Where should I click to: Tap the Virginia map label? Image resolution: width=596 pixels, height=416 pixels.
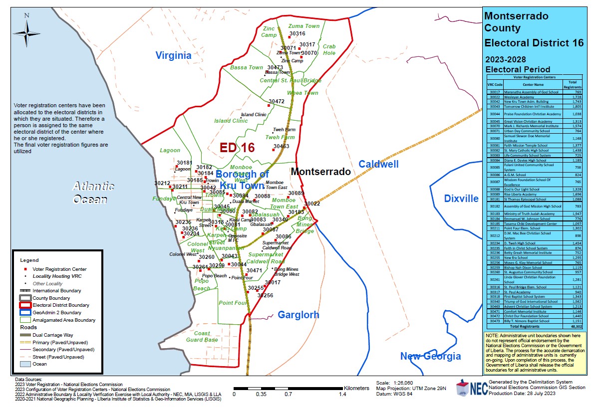tap(173, 55)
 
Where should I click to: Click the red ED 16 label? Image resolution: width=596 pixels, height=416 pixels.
tap(238, 148)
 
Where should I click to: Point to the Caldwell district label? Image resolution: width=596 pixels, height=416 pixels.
tap(378, 164)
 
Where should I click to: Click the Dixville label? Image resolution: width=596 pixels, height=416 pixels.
tap(461, 199)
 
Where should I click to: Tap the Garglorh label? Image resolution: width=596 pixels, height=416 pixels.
tap(298, 315)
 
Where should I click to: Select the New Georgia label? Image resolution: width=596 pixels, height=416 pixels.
tap(430, 356)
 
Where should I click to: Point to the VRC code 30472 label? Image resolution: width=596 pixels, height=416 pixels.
tap(276, 101)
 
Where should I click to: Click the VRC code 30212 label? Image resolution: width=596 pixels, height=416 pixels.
tap(162, 183)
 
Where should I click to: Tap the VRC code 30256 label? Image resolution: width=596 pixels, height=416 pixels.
tap(265, 295)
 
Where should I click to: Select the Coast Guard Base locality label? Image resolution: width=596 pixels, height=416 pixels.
tap(206, 337)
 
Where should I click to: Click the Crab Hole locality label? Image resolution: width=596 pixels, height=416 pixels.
tap(329, 49)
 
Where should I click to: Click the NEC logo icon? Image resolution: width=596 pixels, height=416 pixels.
tap(471, 388)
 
